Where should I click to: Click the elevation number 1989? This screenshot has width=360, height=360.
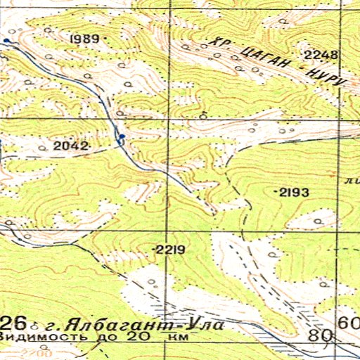[85, 39]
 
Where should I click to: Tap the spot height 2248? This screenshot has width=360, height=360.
[321, 54]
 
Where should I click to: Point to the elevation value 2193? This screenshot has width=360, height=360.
[295, 191]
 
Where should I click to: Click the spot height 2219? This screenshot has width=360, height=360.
[169, 250]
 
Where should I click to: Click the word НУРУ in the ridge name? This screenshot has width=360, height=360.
[325, 76]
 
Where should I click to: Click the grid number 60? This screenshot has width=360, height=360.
[347, 323]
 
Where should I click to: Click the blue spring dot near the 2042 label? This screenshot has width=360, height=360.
[122, 136]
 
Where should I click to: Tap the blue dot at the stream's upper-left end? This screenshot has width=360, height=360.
[6, 41]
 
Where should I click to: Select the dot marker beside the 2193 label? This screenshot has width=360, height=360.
[276, 191]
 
